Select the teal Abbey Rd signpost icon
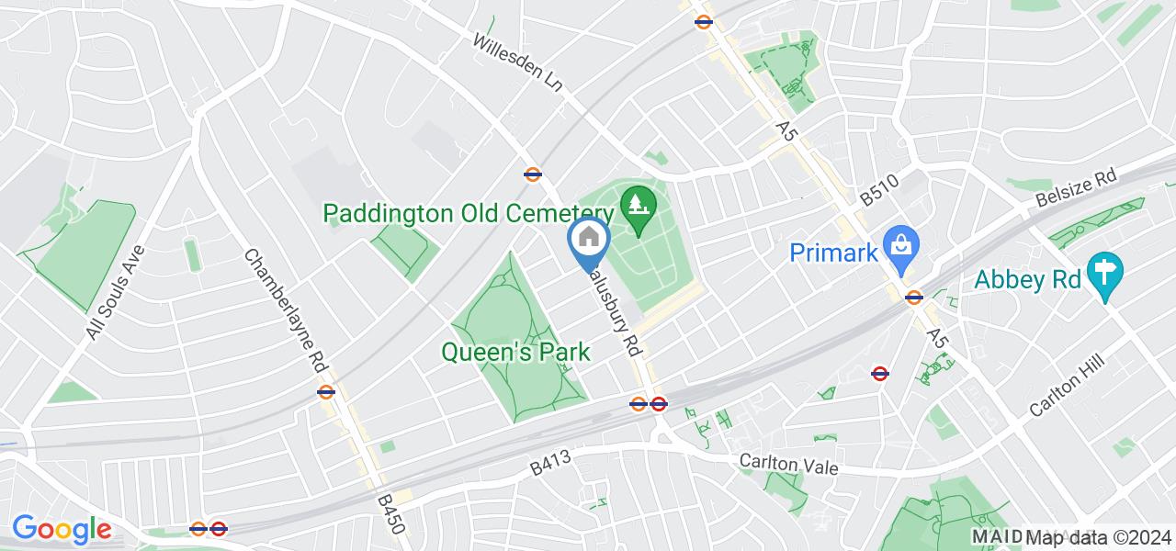pyautogui.click(x=1102, y=273)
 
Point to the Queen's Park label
pyautogui.click(x=515, y=352)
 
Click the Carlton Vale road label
pyautogui.click(x=789, y=467)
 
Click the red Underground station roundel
pyautogui.click(x=879, y=374)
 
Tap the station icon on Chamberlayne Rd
pyautogui.click(x=325, y=392)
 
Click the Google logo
pyautogui.click(x=62, y=530)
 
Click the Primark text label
pyautogui.click(x=834, y=253)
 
